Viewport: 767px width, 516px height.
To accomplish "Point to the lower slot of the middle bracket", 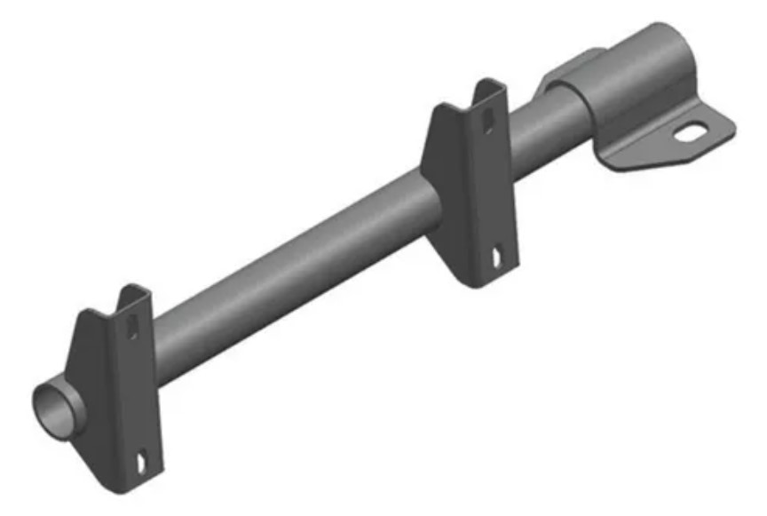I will tap(494, 258).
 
